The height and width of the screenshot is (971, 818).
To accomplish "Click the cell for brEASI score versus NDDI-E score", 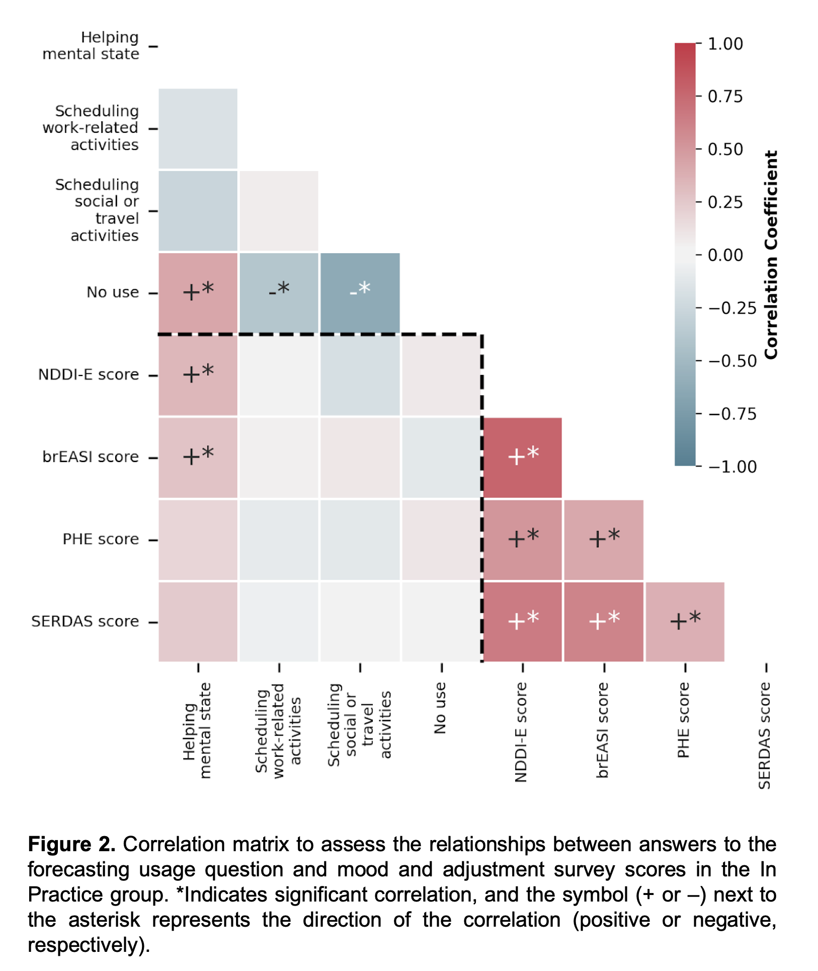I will tap(522, 458).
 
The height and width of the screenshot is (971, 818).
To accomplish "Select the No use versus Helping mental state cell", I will tap(198, 292).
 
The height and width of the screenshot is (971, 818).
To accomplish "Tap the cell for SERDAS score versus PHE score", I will tap(685, 622).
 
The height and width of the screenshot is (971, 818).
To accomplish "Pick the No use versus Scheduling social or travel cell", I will tap(360, 292).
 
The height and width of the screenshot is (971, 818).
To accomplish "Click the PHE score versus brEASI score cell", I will tap(604, 540).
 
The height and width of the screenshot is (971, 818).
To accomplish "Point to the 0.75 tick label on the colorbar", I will tap(725, 96).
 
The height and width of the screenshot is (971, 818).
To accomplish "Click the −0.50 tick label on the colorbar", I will tap(732, 361).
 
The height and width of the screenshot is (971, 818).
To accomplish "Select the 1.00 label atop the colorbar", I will tap(725, 44).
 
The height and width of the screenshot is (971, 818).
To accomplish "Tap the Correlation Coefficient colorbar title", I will tap(771, 255).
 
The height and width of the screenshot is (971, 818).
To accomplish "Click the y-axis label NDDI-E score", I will tap(89, 375).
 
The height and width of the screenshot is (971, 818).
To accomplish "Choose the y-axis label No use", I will tap(113, 292).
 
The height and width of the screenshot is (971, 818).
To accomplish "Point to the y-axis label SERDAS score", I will tap(85, 622).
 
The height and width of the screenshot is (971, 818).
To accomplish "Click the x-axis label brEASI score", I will tap(603, 730).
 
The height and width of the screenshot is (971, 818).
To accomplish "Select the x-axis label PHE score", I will tap(683, 720).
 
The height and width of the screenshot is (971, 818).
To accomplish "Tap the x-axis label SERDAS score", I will tap(765, 735).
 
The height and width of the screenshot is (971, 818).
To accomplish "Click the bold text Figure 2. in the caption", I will tap(71, 844).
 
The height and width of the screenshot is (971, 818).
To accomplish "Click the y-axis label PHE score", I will tap(101, 540).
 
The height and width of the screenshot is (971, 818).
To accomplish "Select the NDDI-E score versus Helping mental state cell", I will tap(198, 375).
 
